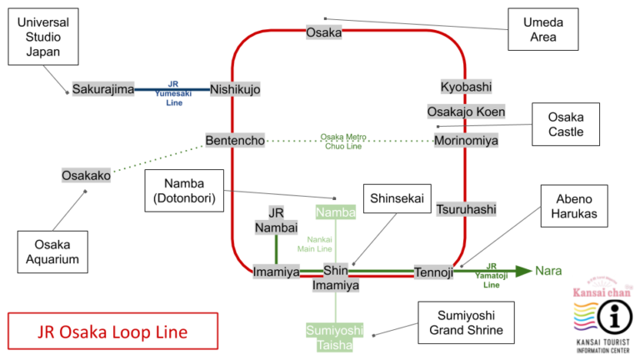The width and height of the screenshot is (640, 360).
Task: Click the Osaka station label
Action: pyautogui.click(x=324, y=32)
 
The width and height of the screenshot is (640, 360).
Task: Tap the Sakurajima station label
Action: pyautogui.click(x=103, y=89)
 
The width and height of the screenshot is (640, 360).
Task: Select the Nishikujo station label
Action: pyautogui.click(x=235, y=89)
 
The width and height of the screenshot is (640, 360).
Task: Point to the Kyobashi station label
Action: pyautogui.click(x=466, y=87)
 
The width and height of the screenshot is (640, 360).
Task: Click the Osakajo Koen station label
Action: pyautogui.click(x=466, y=112)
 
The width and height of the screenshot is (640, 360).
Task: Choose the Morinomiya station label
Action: pyautogui.click(x=466, y=141)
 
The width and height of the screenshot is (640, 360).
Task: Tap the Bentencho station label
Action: pyautogui.click(x=235, y=141)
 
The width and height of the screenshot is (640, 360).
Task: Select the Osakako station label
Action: pyautogui.click(x=86, y=175)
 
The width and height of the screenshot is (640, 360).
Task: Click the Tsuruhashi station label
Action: pyautogui.click(x=466, y=209)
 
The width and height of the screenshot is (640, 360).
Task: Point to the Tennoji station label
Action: pyautogui.click(x=433, y=272)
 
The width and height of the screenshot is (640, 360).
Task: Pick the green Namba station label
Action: pyautogui.click(x=336, y=212)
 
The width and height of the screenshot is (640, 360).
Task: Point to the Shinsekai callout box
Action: pyautogui.click(x=397, y=198)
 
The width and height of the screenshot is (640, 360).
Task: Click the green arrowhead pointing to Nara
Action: pyautogui.click(x=522, y=271)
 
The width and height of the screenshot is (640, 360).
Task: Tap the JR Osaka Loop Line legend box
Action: pyautogui.click(x=112, y=331)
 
